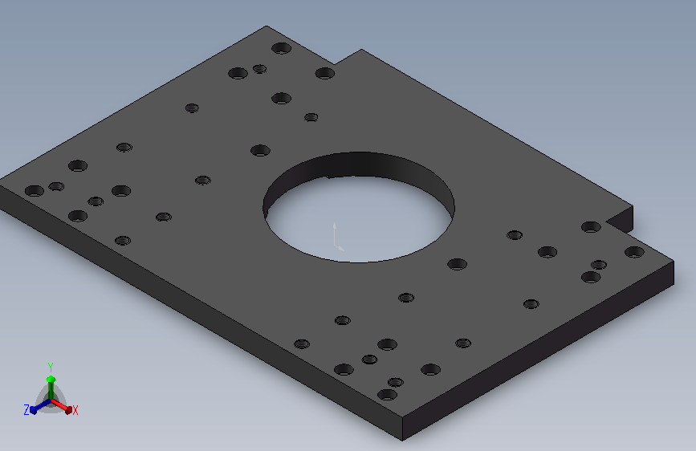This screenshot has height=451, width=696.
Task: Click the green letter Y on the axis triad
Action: [x=51, y=368]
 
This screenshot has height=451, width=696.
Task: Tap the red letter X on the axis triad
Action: [x=75, y=410]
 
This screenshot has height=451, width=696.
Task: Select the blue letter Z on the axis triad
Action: [x=26, y=410]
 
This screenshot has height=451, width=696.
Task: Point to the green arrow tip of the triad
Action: [x=51, y=379]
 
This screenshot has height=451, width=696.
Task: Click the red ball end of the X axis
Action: [x=68, y=410]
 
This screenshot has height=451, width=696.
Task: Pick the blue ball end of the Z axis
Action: [x=33, y=410]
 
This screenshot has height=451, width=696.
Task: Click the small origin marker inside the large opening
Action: [x=337, y=238]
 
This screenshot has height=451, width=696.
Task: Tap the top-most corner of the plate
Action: [x=267, y=26]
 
